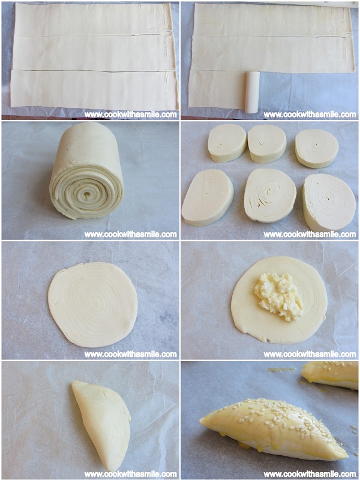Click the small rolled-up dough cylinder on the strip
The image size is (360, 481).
(x=252, y=92)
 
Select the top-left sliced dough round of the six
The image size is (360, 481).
(x=227, y=143)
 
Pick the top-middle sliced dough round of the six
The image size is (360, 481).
(x=267, y=143)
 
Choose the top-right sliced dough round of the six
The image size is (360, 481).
(x=317, y=149)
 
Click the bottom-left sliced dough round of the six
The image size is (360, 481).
(x=208, y=198)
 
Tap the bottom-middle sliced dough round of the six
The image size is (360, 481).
(x=270, y=195)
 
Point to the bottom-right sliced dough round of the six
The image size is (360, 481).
(x=329, y=203)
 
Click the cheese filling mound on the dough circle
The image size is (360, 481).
(x=278, y=296)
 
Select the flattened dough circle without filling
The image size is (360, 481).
(x=92, y=305)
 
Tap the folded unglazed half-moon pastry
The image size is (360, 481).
(x=101, y=425)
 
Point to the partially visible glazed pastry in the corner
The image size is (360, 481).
(x=330, y=375)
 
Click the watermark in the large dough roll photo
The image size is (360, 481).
(x=131, y=235)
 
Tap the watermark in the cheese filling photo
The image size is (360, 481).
(x=310, y=354)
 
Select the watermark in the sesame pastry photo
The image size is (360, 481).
(x=310, y=474)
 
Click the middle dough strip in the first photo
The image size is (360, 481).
(x=94, y=53)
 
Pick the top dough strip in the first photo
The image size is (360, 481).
(x=94, y=19)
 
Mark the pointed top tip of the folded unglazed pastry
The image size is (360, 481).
(x=74, y=382)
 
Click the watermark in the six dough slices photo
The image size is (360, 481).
(x=310, y=235)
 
